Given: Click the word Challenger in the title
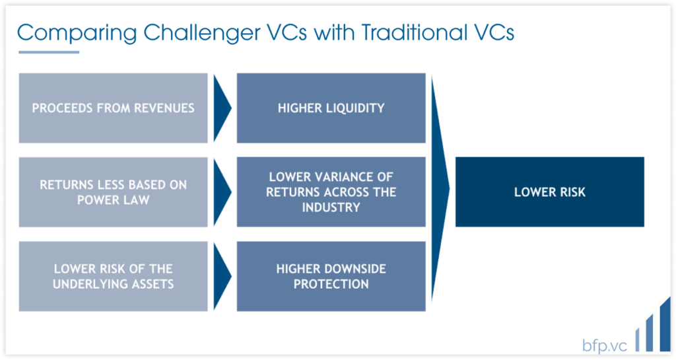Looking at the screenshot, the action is coord(202,33).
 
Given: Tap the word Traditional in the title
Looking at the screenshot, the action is coord(415,32).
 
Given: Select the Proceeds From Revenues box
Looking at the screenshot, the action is coord(113,108).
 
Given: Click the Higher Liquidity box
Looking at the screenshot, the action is coord(331,108).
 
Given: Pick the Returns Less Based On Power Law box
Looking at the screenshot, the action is coord(113,192).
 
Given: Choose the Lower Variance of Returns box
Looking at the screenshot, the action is coord(331,192).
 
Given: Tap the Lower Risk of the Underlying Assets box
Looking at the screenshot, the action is coord(113,276).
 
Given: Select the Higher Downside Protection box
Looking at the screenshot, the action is coord(331,276).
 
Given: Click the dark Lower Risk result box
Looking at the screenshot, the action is coord(550,192).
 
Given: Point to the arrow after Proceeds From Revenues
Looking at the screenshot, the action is coord(222,108).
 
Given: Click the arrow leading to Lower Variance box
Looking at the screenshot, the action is coord(222,192).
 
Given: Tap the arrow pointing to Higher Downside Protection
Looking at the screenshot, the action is coord(222,276).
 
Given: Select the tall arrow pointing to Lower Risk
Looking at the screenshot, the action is coord(440,189).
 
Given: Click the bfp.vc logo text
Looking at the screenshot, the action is coord(605,345).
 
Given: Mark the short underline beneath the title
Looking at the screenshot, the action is coord(49,52).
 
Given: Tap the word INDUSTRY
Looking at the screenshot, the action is coord(331,207).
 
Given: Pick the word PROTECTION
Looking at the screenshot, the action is coord(331,284).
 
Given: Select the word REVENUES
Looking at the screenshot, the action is coord(164,108).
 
